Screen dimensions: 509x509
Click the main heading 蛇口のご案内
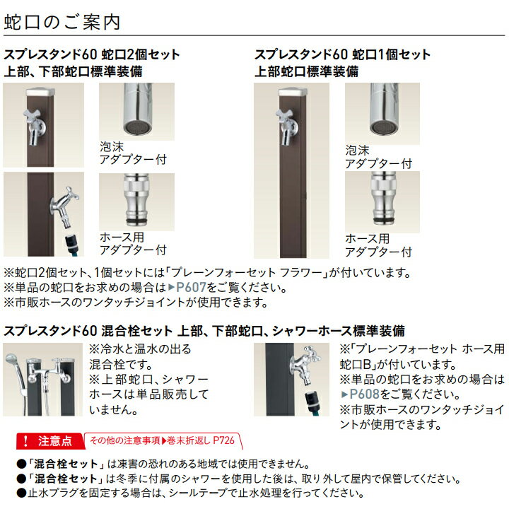coord(62,22)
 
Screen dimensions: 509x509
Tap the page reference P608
coord(365,394)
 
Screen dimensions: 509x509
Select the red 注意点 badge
coord(50,441)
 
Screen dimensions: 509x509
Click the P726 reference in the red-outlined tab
coord(223,440)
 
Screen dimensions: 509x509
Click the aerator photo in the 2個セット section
coord(136,112)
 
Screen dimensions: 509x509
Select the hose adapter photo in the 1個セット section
coord(382,202)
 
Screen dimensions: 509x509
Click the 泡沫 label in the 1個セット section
coord(358,151)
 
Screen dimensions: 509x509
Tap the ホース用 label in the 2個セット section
coord(122,238)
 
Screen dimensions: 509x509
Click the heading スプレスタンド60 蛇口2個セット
coord(91,54)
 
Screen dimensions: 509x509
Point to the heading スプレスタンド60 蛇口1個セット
coord(342,54)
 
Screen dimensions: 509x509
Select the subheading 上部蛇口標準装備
coord(307,71)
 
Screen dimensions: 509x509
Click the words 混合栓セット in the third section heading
coord(137,331)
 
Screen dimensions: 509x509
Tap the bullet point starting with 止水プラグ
coord(191,493)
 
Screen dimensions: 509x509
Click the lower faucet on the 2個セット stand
coord(64,207)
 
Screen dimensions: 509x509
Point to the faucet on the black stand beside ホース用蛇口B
coord(305,365)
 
